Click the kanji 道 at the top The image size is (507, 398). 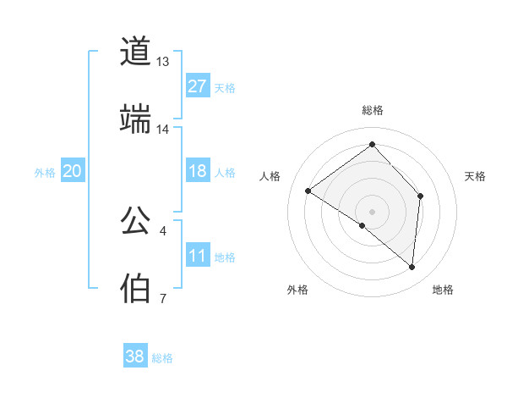click(x=135, y=52)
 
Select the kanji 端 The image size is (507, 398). click(x=135, y=119)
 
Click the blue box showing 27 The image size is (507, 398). click(x=197, y=86)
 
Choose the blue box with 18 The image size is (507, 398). click(x=197, y=172)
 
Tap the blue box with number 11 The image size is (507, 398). click(x=197, y=257)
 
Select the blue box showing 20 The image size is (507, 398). click(x=73, y=172)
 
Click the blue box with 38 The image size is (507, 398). click(x=134, y=357)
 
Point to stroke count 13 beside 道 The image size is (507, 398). click(x=163, y=62)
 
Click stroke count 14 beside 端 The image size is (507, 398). click(x=163, y=130)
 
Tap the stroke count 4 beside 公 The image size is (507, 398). click(x=162, y=230)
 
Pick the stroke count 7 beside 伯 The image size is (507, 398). click(x=162, y=298)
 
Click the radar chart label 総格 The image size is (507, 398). click(x=372, y=110)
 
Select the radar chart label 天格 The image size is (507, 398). click(x=476, y=176)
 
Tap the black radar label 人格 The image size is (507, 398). click(x=270, y=176)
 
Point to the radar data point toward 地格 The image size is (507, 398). click(x=412, y=268)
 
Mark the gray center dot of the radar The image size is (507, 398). click(x=372, y=211)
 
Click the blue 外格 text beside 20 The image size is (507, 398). click(x=45, y=173)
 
